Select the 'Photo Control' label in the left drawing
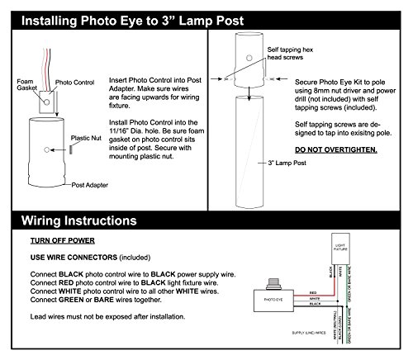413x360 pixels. [73, 83]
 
